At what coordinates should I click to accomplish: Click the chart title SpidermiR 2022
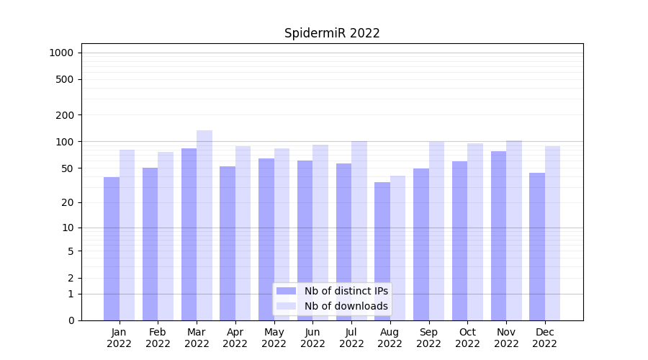coord(332,33)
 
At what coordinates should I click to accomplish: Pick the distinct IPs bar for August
coord(382,251)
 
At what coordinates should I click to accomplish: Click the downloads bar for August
coord(397,248)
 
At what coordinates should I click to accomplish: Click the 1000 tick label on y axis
coord(61,53)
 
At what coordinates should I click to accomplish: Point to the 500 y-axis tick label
coord(65,79)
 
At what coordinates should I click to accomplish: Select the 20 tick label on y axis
coord(67,202)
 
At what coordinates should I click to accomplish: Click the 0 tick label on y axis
coord(71,320)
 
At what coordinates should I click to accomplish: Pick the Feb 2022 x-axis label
coord(158,338)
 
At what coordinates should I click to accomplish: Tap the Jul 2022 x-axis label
coord(351,338)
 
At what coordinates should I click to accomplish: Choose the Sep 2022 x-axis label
coord(428,338)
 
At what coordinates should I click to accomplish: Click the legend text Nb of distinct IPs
coord(346,291)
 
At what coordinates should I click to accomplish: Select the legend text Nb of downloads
coord(346,306)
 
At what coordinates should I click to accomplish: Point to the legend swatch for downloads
coord(287,306)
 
